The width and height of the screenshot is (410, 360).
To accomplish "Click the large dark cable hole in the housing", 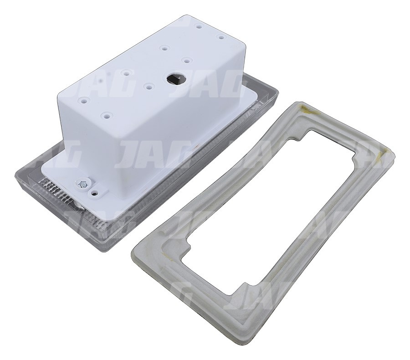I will click(x=174, y=78).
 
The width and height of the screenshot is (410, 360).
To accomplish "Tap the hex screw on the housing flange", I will click(x=82, y=184).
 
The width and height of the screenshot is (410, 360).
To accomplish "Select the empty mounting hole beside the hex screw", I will click(x=95, y=192).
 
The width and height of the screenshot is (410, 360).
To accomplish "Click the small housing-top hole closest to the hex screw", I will click(x=106, y=116).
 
